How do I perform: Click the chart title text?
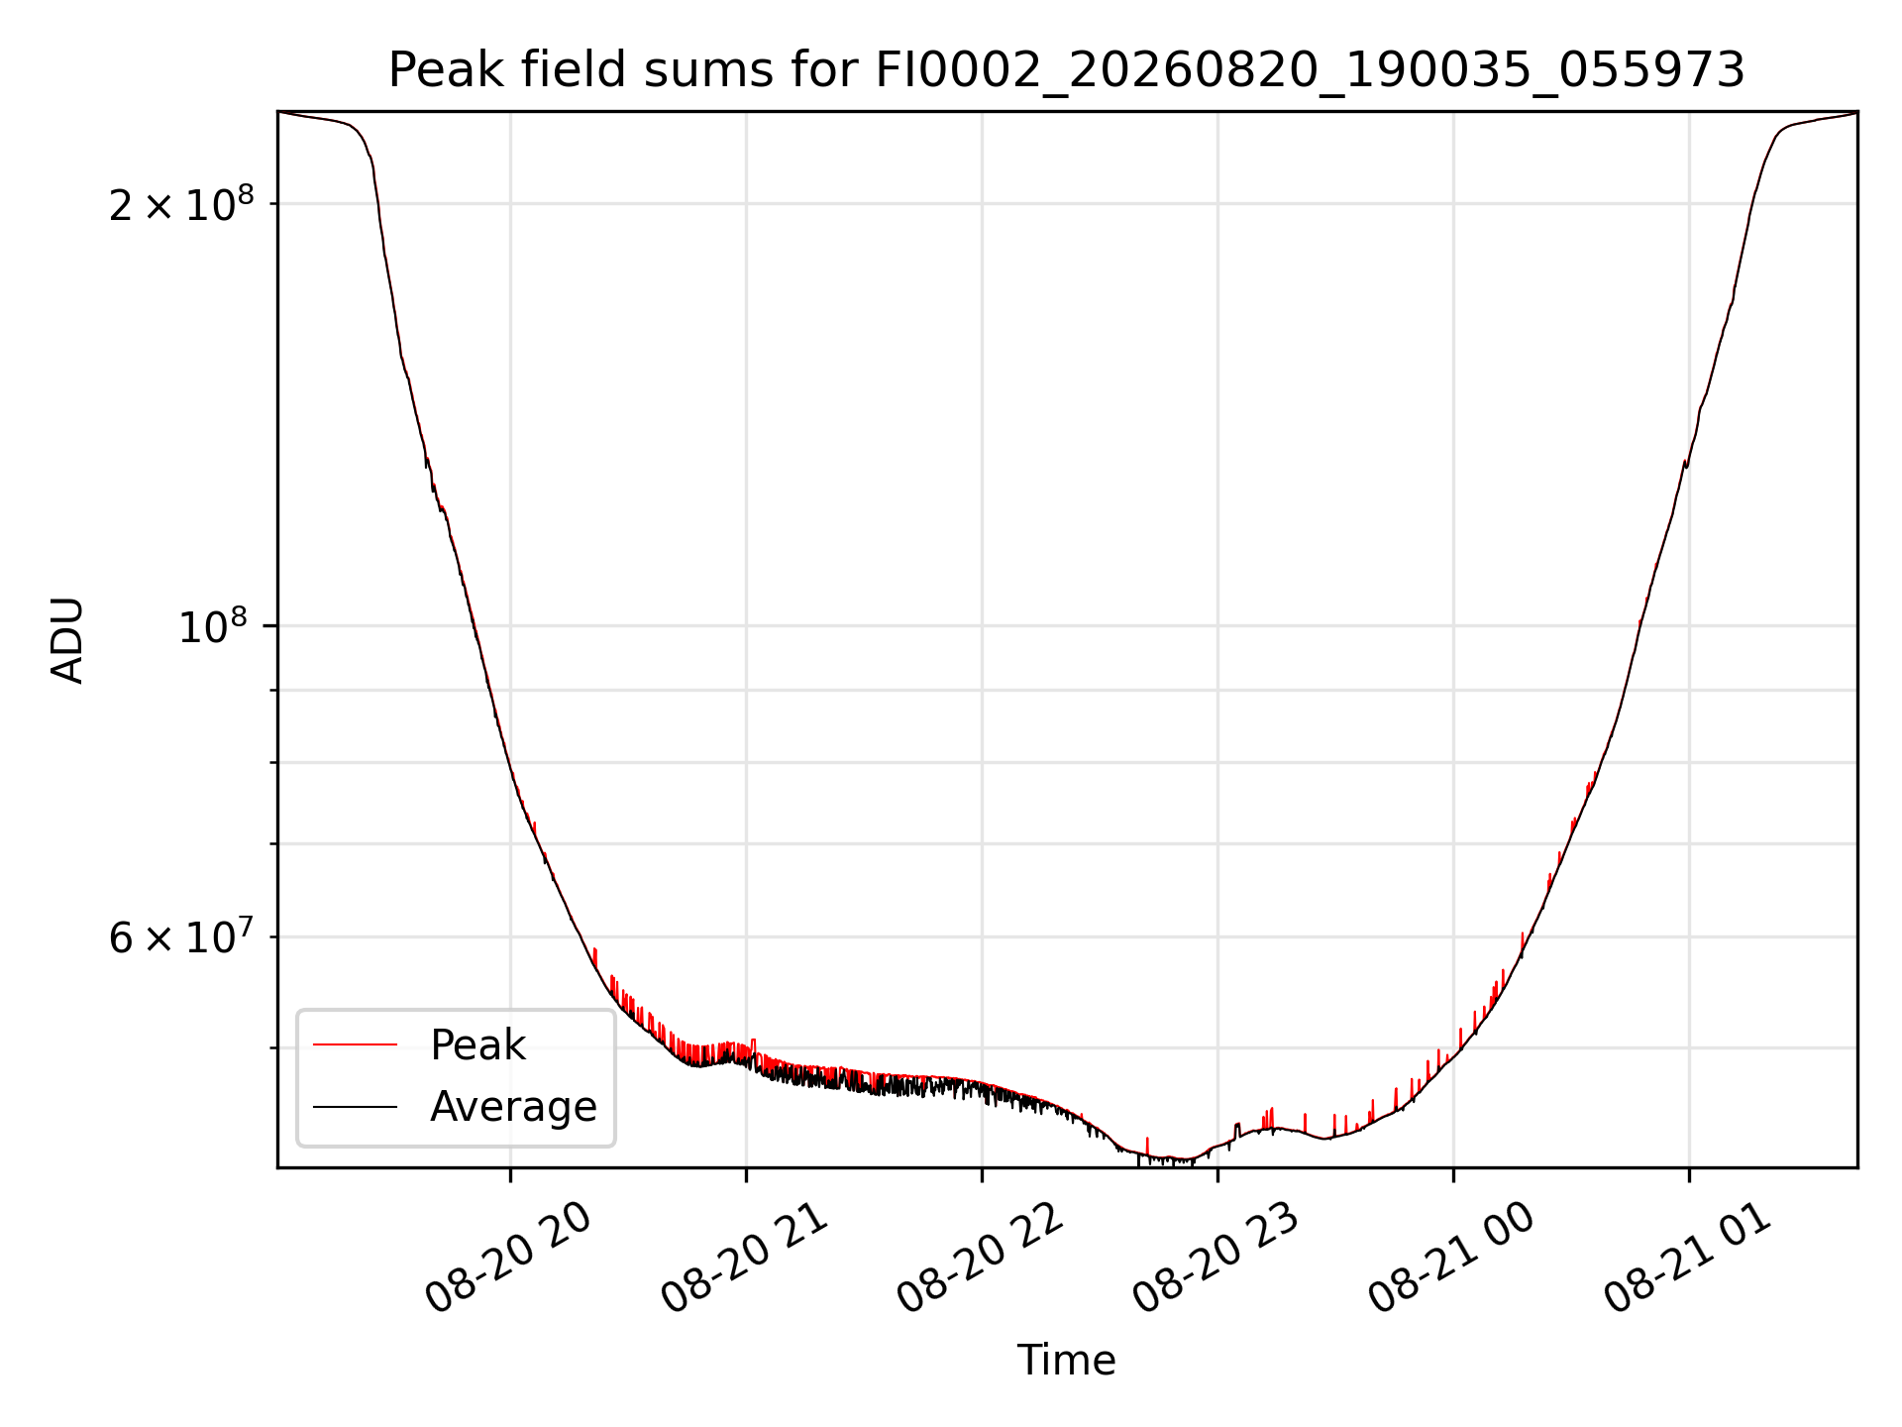tap(1066, 70)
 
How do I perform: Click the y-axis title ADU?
tap(67, 639)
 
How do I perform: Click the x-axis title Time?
tap(1066, 1361)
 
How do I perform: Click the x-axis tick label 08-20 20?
tap(507, 1259)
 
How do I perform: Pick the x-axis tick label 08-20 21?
tap(743, 1259)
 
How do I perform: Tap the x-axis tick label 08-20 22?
tap(979, 1259)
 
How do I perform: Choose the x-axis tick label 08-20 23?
tap(1215, 1259)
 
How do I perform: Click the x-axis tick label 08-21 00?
tap(1450, 1259)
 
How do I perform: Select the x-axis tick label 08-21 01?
tap(1686, 1259)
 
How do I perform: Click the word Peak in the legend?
tap(477, 1045)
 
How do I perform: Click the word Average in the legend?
tap(513, 1107)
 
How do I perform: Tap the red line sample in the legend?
tap(355, 1044)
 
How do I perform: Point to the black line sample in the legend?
tap(355, 1106)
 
